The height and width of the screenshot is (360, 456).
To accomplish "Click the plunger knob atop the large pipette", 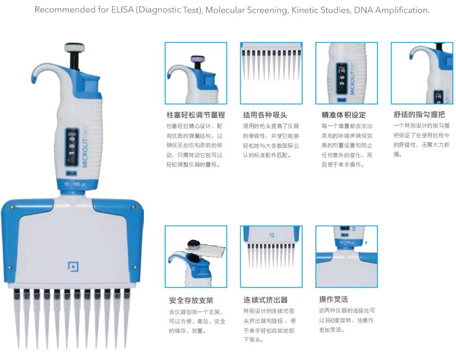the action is [74, 47].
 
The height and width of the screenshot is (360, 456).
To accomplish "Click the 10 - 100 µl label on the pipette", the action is [75, 184].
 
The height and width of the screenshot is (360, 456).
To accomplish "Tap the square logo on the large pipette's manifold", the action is [73, 266].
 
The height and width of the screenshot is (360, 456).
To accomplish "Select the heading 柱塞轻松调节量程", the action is [196, 115].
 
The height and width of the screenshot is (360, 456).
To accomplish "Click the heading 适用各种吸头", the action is [265, 115].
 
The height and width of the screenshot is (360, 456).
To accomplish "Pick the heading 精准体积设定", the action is [343, 115].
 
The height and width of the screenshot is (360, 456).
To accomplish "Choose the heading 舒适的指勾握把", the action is [419, 115].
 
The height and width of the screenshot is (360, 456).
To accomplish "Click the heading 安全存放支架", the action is [191, 301].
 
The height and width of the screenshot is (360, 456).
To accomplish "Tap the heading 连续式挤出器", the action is [265, 300].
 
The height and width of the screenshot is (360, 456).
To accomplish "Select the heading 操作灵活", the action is [334, 299].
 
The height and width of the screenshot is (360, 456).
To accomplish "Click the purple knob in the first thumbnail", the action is [198, 59].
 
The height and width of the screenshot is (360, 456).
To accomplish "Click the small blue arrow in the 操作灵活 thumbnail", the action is [366, 243].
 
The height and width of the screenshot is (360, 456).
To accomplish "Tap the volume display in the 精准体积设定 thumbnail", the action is [342, 79].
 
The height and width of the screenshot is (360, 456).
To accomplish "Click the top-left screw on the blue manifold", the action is [12, 207].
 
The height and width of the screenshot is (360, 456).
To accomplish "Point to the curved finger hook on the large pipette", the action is [44, 71].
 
